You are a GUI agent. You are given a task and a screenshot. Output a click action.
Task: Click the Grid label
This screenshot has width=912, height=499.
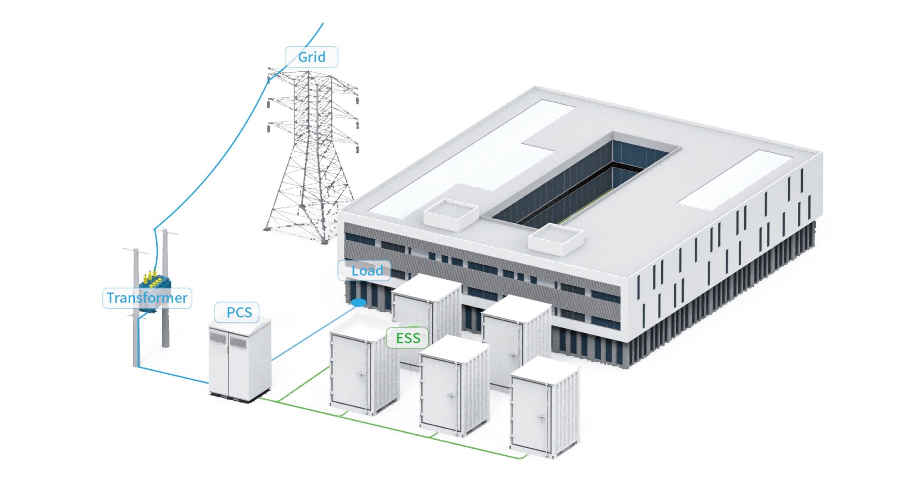(311, 57)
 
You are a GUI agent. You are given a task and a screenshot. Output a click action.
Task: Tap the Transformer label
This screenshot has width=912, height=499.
(147, 298)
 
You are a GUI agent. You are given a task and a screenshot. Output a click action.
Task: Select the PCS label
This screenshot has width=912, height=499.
(239, 312)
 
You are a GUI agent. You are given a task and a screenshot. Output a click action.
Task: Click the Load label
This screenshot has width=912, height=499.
(366, 270)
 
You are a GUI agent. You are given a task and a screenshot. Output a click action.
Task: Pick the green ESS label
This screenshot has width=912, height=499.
(408, 338)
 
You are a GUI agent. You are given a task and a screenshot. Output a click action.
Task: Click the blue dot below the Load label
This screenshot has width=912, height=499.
(359, 303)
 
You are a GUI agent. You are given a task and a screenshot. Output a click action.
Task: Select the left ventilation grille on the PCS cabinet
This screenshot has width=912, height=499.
(218, 338)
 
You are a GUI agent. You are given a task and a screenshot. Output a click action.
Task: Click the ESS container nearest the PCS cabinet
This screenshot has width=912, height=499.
(363, 370)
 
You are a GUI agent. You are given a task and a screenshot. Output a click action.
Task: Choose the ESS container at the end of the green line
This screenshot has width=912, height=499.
(544, 410)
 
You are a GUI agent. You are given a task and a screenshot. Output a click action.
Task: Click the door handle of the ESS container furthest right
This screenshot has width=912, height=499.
(542, 417)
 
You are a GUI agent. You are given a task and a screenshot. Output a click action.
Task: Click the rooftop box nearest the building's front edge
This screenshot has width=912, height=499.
(556, 240)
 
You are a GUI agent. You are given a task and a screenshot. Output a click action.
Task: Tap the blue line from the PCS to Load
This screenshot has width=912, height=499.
(312, 335)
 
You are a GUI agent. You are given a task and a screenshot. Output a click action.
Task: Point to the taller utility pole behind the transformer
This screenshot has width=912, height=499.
(165, 290)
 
